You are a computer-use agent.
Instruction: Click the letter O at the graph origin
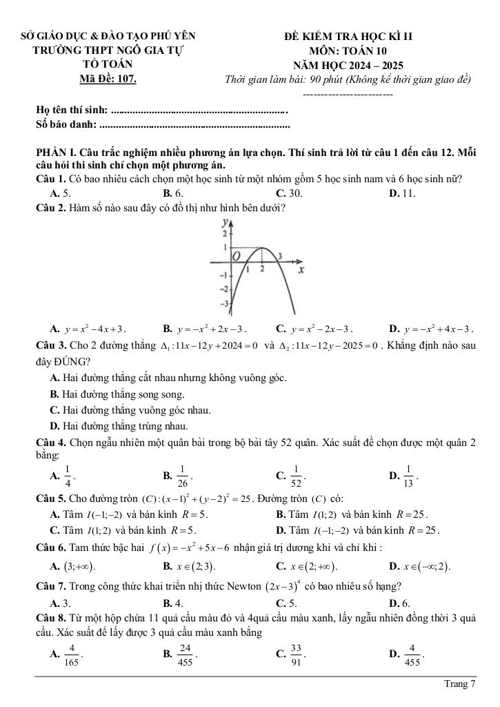234,256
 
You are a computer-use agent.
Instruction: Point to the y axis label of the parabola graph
223,222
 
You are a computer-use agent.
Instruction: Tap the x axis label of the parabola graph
301,271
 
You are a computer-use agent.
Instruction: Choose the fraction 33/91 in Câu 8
297,652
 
